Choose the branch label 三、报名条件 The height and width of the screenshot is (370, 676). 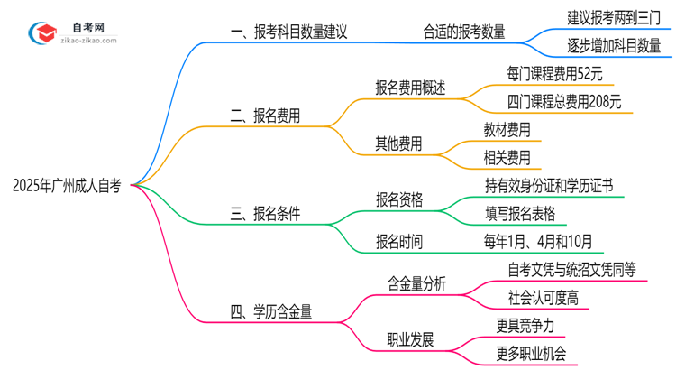[265, 214]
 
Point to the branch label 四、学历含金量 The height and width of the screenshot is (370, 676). [271, 312]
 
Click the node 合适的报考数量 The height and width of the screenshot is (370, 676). [464, 32]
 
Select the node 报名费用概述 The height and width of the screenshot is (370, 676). [410, 88]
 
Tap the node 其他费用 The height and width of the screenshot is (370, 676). [398, 143]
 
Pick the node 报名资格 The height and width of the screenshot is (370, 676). [398, 199]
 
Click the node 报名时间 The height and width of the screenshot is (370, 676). [398, 242]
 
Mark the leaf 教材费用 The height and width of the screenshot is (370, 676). [507, 130]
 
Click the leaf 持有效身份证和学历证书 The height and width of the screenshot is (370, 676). [549, 186]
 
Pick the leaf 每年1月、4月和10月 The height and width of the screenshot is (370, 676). [539, 242]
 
